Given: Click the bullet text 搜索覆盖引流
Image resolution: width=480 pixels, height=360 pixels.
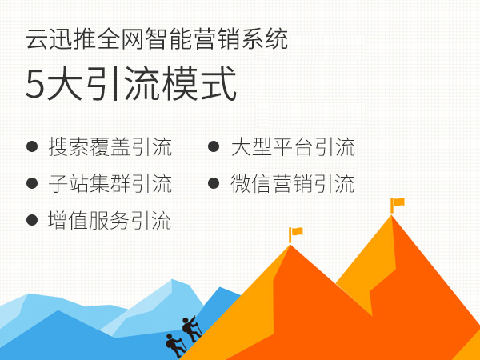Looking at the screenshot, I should click(x=110, y=147).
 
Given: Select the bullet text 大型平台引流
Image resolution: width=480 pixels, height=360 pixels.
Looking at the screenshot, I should click(x=292, y=147).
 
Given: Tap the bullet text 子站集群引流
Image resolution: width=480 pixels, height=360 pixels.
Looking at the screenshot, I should click(x=110, y=184).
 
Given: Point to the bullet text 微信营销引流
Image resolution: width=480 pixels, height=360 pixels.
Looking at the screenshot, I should click(x=292, y=184).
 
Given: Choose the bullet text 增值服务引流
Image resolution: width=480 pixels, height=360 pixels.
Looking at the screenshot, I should click(x=110, y=220).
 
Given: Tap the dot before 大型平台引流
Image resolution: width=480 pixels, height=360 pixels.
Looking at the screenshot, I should click(x=214, y=147).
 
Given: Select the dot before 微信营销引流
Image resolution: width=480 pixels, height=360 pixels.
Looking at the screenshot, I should click(x=214, y=184).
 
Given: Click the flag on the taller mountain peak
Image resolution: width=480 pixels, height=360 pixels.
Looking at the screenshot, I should click(x=397, y=203).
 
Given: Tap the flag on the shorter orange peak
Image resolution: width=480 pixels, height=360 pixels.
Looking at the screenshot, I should click(x=295, y=233).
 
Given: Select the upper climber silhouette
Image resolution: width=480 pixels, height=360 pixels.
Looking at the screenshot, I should click(x=191, y=328).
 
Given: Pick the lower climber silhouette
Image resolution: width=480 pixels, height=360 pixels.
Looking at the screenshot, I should click(x=174, y=345).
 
